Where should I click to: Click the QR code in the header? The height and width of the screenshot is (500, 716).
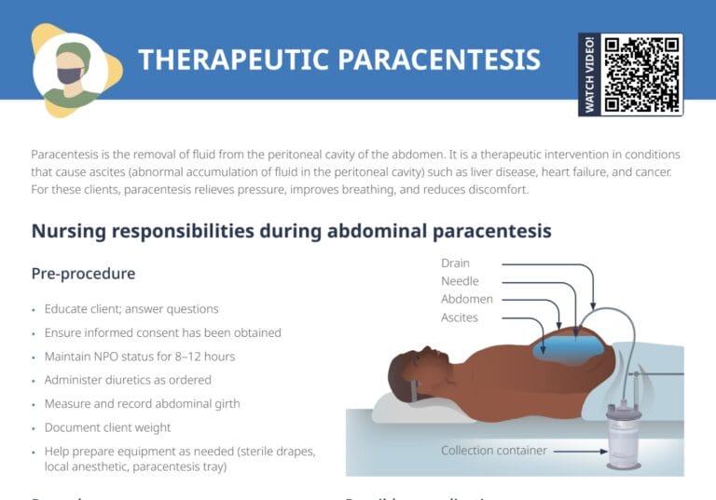click(640, 74)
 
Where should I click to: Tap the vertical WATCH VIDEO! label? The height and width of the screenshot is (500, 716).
click(589, 74)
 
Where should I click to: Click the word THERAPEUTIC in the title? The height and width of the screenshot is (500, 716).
click(234, 60)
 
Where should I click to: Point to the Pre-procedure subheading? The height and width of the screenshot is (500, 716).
click(83, 274)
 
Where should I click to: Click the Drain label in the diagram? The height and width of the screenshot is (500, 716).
click(455, 264)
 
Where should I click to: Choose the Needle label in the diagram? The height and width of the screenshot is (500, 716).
click(460, 281)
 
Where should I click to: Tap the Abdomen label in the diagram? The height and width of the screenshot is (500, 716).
click(467, 299)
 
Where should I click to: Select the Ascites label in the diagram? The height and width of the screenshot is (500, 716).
click(460, 318)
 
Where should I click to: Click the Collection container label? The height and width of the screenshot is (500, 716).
click(493, 451)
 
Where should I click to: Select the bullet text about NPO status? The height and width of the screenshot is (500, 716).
click(139, 357)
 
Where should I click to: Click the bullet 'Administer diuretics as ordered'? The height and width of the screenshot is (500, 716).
click(128, 380)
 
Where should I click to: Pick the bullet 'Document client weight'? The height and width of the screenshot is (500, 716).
click(107, 427)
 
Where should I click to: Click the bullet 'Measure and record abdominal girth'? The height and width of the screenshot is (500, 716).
click(142, 404)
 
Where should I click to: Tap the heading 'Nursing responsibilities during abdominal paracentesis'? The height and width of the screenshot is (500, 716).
click(291, 231)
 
